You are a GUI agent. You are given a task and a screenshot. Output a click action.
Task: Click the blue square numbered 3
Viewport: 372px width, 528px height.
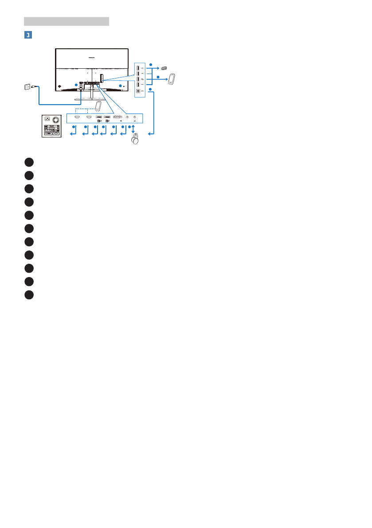click(x=28, y=35)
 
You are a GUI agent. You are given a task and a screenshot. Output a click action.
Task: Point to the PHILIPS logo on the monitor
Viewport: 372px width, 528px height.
click(x=91, y=57)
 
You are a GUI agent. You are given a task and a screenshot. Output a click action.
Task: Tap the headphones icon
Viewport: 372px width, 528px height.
click(x=134, y=140)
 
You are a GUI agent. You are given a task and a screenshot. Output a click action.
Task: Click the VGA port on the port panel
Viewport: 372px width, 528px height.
click(x=117, y=117)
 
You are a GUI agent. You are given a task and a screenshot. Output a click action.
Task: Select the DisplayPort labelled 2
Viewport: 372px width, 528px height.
click(x=98, y=117)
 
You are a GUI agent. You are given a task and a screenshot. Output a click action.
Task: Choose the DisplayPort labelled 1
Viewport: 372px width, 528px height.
click(x=107, y=117)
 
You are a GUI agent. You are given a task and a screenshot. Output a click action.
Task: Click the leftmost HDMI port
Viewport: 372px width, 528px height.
click(x=77, y=117)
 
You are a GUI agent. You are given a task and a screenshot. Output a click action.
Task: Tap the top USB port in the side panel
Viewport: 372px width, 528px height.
click(x=138, y=68)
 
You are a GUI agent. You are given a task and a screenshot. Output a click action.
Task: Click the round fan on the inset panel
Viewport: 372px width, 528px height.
click(x=55, y=120)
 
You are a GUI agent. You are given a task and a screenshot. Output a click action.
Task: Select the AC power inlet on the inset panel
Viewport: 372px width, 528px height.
click(x=47, y=119)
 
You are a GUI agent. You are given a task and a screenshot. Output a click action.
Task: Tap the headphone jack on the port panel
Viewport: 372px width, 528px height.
click(x=134, y=117)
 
